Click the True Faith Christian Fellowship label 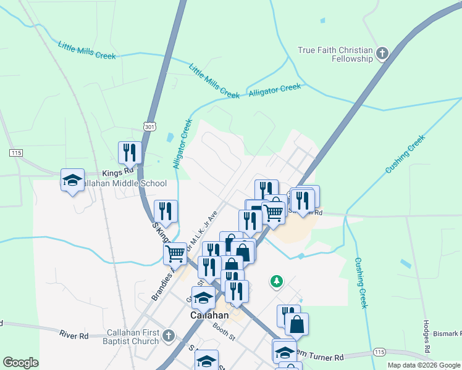[335, 54]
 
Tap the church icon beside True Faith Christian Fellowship [382, 54]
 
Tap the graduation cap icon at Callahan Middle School [72, 181]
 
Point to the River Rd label [74, 335]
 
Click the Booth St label [224, 335]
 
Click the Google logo [20, 363]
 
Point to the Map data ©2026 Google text [424, 365]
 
